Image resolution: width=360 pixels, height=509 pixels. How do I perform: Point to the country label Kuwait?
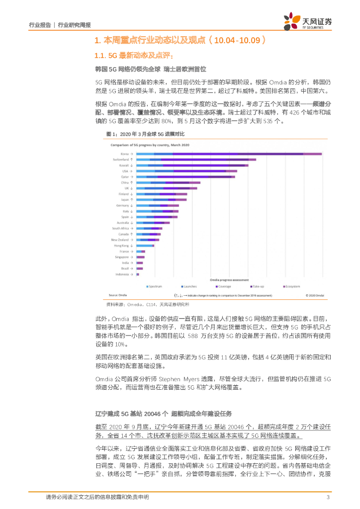[x=123, y=165]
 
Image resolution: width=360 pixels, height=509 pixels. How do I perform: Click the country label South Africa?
[x=121, y=228]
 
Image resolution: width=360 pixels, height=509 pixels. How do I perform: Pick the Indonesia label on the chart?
[x=122, y=274]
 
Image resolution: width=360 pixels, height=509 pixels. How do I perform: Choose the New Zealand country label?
[x=121, y=240]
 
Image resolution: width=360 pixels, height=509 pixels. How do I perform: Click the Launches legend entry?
[x=189, y=286]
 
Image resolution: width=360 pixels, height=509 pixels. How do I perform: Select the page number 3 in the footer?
[x=328, y=498]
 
